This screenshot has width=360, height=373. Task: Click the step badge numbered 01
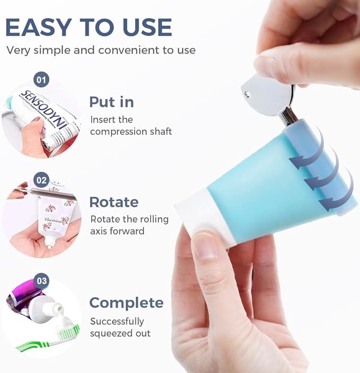(x=41, y=80)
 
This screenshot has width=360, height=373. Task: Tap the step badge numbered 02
(x=41, y=179)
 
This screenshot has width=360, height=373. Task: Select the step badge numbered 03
(x=41, y=280)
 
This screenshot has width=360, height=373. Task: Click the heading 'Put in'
(x=111, y=102)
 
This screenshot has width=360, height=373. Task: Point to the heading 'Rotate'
(x=113, y=202)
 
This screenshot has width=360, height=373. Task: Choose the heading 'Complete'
(x=126, y=303)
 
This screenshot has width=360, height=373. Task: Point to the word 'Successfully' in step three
(x=117, y=322)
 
